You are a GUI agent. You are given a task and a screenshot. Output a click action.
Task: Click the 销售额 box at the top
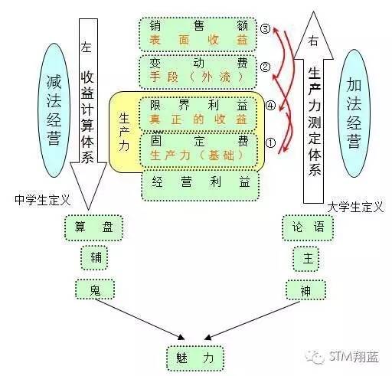(x=198, y=34)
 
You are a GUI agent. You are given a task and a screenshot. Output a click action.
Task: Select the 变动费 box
(x=198, y=71)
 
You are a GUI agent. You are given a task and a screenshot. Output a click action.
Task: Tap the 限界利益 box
(x=198, y=113)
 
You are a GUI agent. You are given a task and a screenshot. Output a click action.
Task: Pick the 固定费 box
(x=198, y=149)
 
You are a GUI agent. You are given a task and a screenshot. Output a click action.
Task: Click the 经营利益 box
(x=200, y=185)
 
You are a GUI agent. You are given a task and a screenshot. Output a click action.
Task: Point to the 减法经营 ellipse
(x=54, y=110)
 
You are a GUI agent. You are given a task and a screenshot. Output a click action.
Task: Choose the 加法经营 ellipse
(x=354, y=113)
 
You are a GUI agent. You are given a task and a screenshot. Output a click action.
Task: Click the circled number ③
(x=265, y=28)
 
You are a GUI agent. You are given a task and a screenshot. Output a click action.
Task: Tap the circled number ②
(x=265, y=67)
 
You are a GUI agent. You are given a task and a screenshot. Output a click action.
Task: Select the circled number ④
(x=270, y=105)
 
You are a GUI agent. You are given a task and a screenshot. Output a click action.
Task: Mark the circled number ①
(x=270, y=142)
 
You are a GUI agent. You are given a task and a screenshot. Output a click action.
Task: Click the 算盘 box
(x=93, y=227)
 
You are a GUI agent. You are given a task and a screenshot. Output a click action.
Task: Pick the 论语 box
(x=308, y=227)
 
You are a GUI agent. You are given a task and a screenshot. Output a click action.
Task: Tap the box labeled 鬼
(x=95, y=289)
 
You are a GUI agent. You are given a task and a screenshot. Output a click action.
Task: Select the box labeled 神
(x=305, y=289)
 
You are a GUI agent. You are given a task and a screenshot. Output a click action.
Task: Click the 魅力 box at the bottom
(x=195, y=358)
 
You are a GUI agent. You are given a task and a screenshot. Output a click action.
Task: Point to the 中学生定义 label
(x=42, y=200)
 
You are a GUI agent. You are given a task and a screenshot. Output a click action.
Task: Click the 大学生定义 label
(x=355, y=207)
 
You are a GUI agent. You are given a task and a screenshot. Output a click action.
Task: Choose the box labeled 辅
(x=94, y=258)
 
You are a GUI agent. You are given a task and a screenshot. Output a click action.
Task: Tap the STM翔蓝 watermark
(x=342, y=356)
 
